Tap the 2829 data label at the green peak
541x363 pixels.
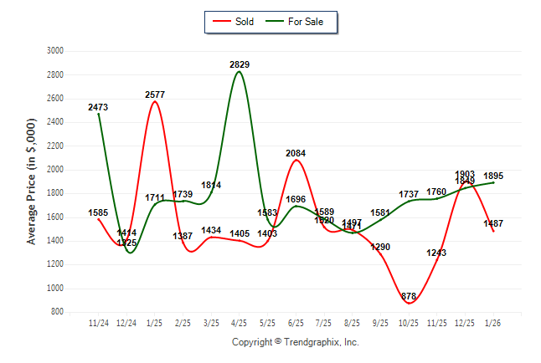(x=240, y=64)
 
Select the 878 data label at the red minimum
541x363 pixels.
(x=409, y=296)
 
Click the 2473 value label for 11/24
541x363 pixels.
(x=98, y=108)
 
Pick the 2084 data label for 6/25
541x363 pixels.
(x=296, y=153)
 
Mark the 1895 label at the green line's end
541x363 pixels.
(x=493, y=175)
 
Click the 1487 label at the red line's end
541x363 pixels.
(x=494, y=223)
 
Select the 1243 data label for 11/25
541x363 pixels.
(x=437, y=253)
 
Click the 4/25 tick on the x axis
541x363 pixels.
(x=240, y=322)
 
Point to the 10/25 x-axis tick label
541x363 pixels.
(x=409, y=322)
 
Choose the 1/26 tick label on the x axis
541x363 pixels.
(x=493, y=322)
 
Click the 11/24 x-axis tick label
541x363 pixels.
(x=98, y=322)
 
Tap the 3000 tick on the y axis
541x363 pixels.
(x=55, y=51)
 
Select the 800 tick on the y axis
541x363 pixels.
(x=58, y=312)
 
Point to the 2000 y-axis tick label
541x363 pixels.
(x=55, y=170)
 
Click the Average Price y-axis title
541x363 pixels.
(x=32, y=181)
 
